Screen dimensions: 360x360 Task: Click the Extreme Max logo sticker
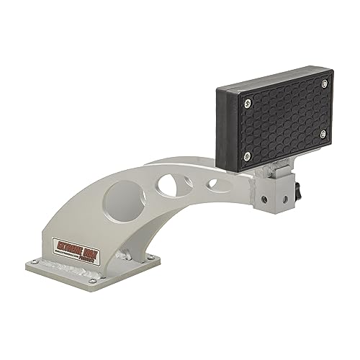pyautogui.click(x=78, y=246)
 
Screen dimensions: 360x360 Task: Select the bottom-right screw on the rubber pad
pyautogui.click(x=322, y=133)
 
